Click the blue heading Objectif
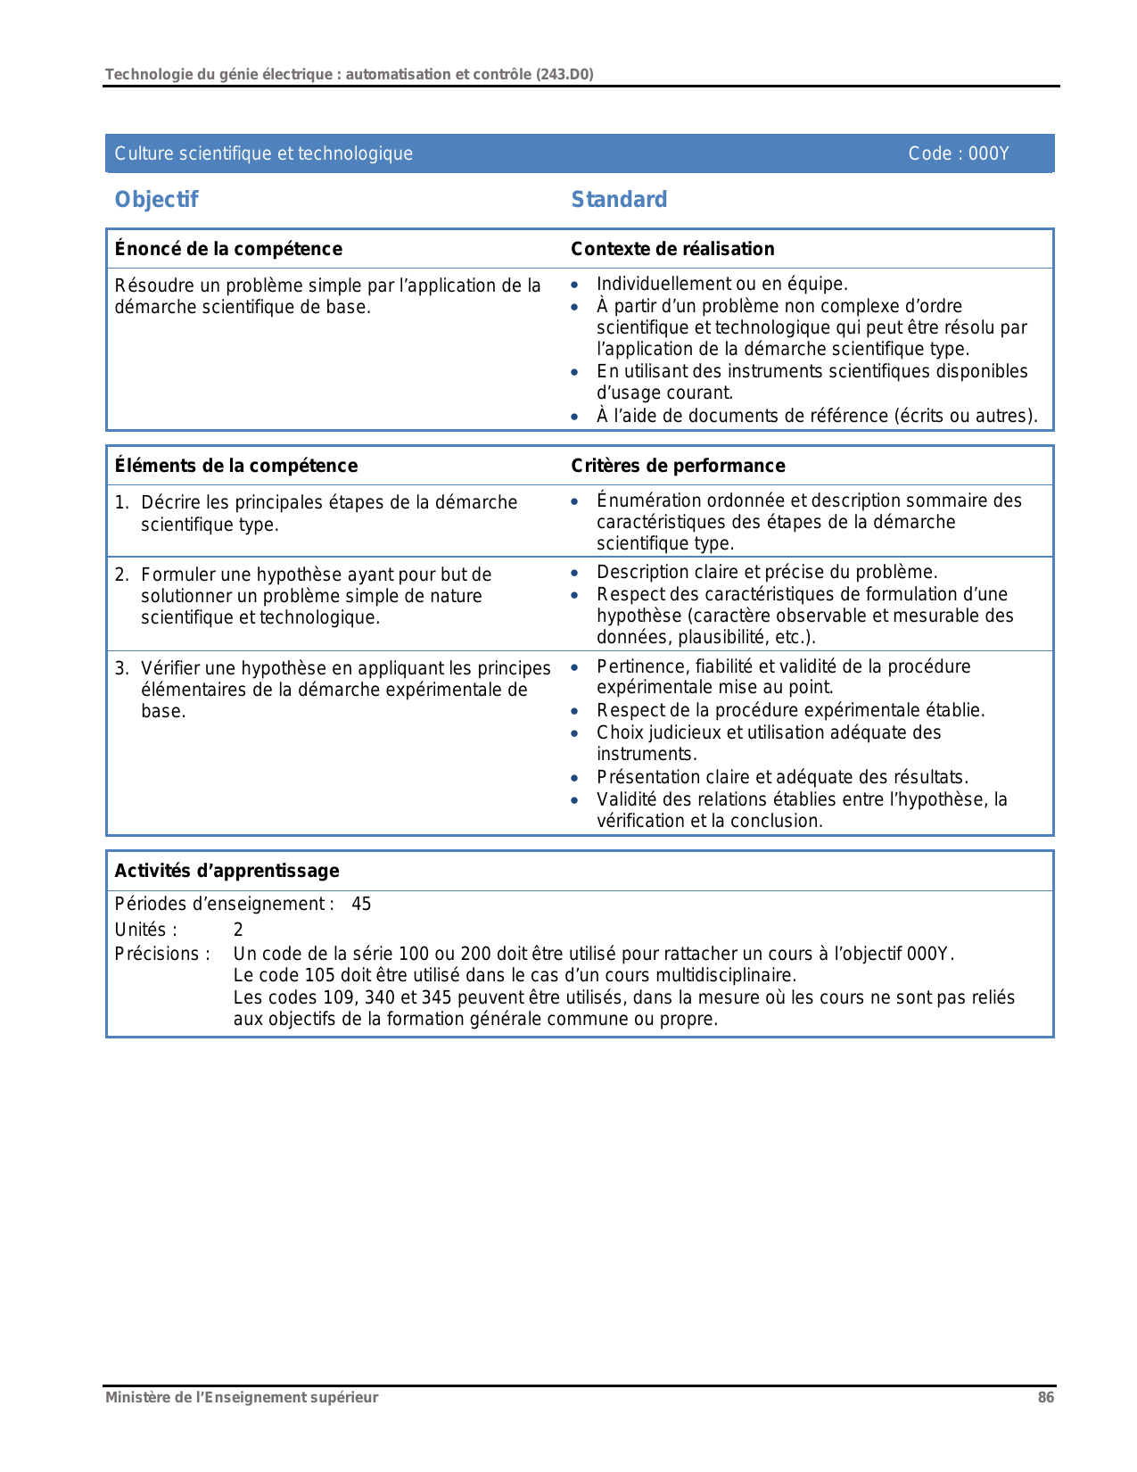[x=156, y=200]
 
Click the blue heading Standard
[x=619, y=200]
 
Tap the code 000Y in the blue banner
[x=988, y=153]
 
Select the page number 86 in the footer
[x=1045, y=1398]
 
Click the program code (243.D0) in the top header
[x=564, y=74]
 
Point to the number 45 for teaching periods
[x=361, y=904]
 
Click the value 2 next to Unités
[x=238, y=930]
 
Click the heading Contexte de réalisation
[x=672, y=249]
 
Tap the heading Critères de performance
[x=678, y=466]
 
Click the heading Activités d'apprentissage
[x=227, y=871]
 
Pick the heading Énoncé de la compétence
[x=228, y=249]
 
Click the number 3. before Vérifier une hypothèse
[x=122, y=668]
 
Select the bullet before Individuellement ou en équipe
[x=575, y=285]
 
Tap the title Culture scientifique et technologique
[x=263, y=153]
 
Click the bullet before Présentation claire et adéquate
[x=575, y=779]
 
